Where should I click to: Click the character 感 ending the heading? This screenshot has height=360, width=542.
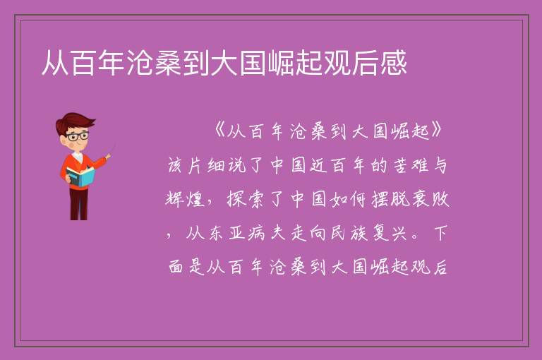pos(394,63)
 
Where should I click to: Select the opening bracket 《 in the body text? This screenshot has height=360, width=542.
pos(219,131)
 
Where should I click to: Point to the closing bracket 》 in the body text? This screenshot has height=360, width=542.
pos(436,131)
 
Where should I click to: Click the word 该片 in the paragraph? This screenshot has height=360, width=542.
pos(186,165)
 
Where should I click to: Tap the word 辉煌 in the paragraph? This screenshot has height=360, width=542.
pos(186,199)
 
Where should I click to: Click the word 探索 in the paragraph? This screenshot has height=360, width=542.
pos(246,199)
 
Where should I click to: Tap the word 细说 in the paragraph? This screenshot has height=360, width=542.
pos(227,165)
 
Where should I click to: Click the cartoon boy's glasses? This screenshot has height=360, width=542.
pos(77,136)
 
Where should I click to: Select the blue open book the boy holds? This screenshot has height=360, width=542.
pos(80,176)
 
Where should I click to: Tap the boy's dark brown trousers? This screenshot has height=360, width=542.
pos(79,203)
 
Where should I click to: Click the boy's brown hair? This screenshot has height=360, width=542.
pos(74,121)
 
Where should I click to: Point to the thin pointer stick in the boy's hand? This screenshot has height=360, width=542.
pos(112,150)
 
